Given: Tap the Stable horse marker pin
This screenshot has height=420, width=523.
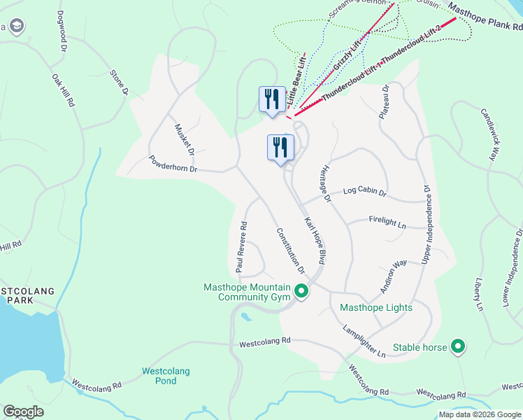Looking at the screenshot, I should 458,346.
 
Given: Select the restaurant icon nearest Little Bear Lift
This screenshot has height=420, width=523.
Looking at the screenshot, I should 271,99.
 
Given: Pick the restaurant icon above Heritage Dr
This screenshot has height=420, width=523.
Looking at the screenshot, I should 280,148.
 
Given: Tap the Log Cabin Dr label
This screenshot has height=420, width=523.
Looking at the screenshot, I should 364,192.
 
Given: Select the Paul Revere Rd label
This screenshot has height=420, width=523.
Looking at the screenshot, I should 242,247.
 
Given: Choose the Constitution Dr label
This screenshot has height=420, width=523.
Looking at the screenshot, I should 291,251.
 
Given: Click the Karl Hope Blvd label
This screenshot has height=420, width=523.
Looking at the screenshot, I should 315,239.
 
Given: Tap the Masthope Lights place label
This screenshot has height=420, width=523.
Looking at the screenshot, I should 375,307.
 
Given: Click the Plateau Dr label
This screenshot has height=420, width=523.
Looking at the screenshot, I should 385,102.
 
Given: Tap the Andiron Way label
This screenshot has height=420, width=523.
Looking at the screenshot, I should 393,276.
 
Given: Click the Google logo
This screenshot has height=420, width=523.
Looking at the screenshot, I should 24,412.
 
